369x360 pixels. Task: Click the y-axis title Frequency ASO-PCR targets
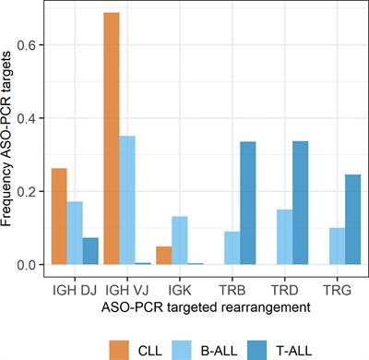click(11, 138)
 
